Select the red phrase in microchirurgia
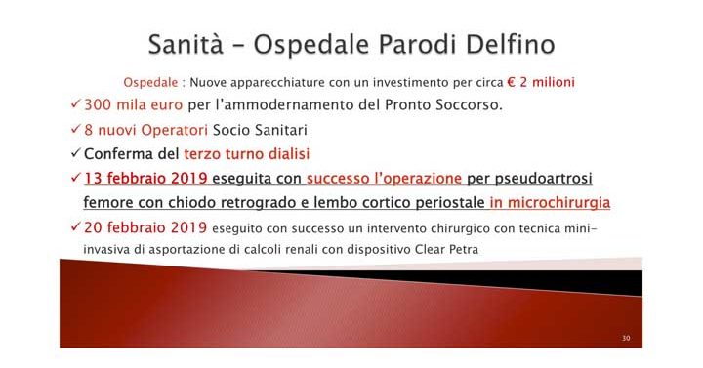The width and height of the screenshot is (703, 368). pos(551,203)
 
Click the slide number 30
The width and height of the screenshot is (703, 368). pos(625,338)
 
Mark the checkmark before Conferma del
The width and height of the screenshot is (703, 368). pos(76,153)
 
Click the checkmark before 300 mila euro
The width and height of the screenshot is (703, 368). pos(76,104)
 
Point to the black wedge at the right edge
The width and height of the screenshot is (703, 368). pos(625,283)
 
